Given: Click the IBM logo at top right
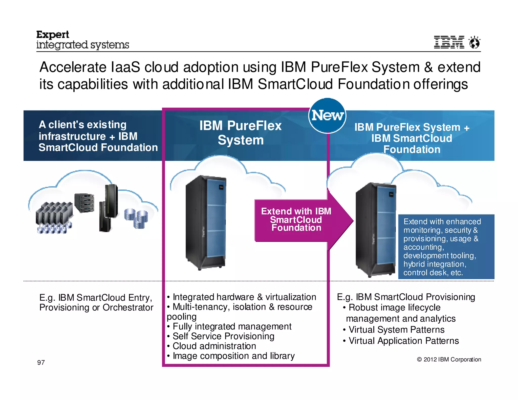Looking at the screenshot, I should click(449, 42).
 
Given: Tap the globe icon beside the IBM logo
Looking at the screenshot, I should click(474, 42).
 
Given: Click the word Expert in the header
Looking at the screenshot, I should click(53, 35).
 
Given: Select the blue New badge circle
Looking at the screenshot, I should click(327, 116).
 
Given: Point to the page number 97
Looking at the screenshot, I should click(41, 363).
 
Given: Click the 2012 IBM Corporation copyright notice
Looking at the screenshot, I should click(449, 360).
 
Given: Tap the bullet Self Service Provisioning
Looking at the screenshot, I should click(223, 336).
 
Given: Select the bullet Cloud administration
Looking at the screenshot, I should click(214, 346).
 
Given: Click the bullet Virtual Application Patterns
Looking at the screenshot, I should click(403, 341).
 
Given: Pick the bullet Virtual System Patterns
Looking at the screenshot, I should click(396, 330).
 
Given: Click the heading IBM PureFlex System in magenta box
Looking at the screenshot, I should click(240, 133).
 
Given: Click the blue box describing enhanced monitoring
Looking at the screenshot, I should click(446, 247).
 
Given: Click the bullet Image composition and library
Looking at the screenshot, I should click(233, 356).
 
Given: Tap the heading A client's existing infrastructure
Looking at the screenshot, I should click(98, 136).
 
